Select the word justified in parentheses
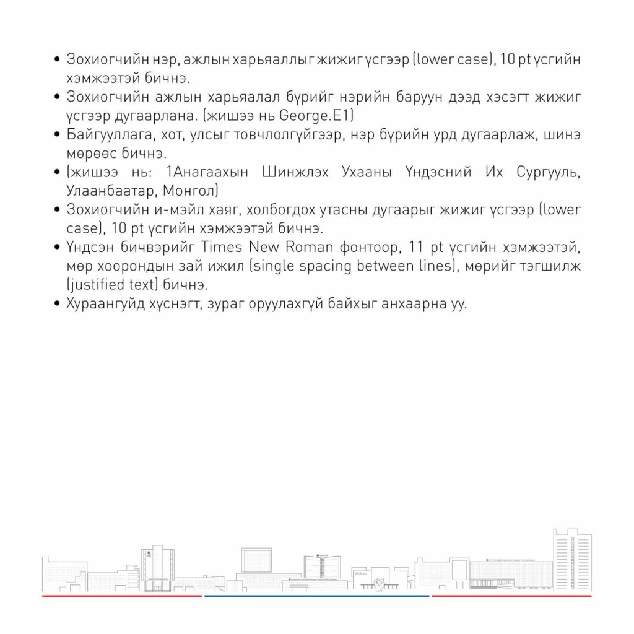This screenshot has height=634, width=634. coord(99,285)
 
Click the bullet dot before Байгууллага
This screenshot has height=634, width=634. coord(57,134)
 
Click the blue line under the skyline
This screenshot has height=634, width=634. coord(316,596)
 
